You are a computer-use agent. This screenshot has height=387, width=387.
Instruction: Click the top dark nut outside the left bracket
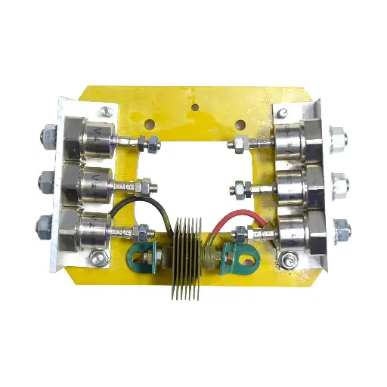pyautogui.click(x=44, y=139)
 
